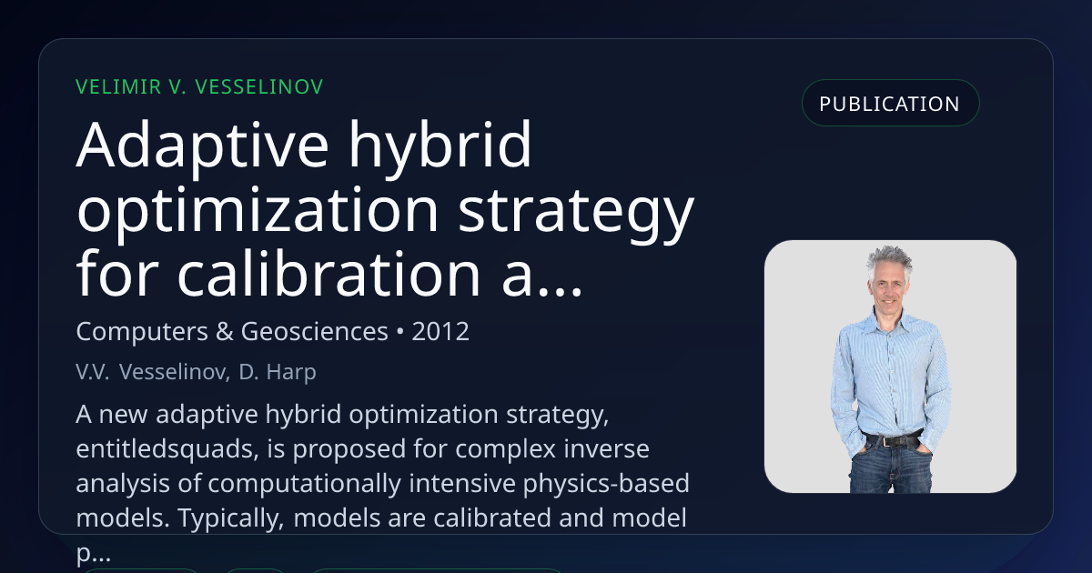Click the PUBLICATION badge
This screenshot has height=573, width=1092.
890,104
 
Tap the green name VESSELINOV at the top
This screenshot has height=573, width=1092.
258,87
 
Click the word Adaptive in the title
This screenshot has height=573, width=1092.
203,146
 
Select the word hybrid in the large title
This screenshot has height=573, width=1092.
440,146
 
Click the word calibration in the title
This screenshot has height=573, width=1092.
329,274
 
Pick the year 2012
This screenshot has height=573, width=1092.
440,331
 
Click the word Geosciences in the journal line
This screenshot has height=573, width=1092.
315,331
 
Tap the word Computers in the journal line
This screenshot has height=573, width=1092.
142,332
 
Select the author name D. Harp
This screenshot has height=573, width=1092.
278,372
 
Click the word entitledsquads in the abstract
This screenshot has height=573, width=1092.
167,448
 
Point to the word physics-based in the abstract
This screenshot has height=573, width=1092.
606,484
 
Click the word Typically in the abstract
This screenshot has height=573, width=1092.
230,518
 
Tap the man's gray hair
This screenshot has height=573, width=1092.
890,261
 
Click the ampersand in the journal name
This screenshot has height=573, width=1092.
224,331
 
